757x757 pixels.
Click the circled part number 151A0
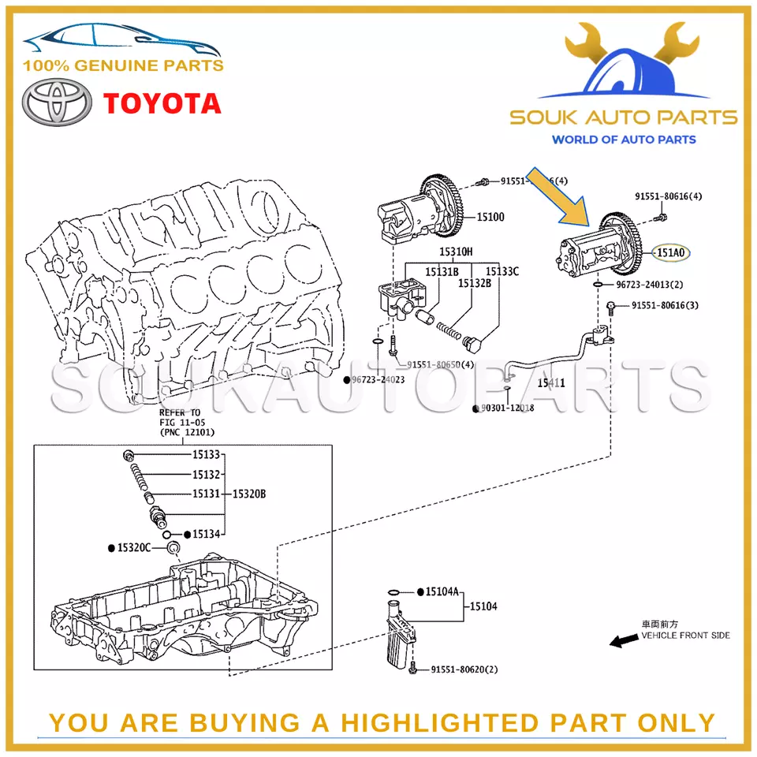tap(671, 253)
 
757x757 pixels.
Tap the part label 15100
tap(490, 217)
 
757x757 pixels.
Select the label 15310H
tap(456, 252)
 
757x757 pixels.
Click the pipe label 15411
tap(552, 382)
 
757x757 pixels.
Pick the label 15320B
tap(249, 494)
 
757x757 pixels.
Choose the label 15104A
tap(442, 591)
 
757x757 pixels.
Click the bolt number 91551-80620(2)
tap(464, 669)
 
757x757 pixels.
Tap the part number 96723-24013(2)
tap(649, 285)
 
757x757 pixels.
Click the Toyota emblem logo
tap(54, 103)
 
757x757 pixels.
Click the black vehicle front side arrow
tap(625, 642)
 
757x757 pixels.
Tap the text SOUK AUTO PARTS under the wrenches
tap(623, 118)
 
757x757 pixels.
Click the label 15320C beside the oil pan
tap(134, 547)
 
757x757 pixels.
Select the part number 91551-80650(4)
tap(441, 364)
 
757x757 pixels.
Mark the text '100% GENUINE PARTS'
tap(123, 66)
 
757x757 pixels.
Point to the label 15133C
tap(502, 271)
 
